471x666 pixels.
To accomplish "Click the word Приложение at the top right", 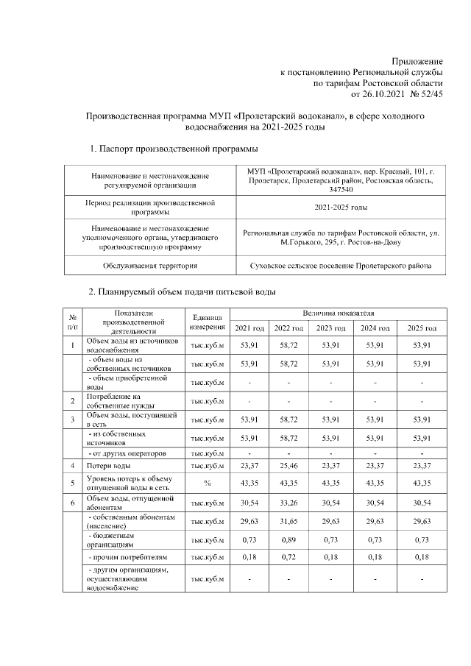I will (x=417, y=62).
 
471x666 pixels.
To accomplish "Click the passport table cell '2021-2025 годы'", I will (x=341, y=208).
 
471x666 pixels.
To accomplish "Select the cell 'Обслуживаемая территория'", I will (x=150, y=265).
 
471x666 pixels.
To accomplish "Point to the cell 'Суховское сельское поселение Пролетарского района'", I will (x=341, y=265).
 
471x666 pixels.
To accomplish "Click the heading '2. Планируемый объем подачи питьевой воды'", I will (x=182, y=292).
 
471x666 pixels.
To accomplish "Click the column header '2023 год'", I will (x=331, y=327).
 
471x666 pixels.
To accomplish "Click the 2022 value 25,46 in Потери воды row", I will (x=288, y=466).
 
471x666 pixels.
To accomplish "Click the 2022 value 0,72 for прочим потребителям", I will (x=288, y=558).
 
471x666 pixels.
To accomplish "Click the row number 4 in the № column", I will (x=73, y=466).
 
